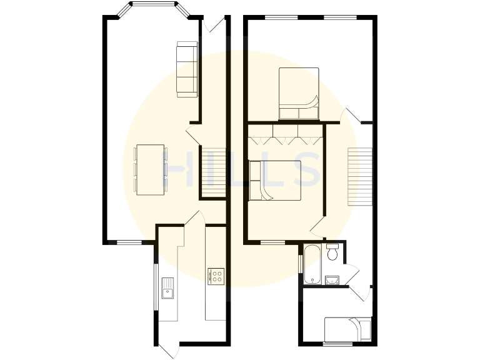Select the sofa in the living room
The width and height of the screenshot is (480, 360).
tap(187, 69)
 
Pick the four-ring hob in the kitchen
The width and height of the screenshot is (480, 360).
tap(216, 276)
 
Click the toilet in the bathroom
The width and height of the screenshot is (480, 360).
tap(332, 252)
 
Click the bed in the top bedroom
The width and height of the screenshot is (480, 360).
tap(299, 93)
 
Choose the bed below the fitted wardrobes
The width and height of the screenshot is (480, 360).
tap(275, 181)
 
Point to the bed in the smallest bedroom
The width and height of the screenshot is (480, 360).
tap(348, 329)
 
